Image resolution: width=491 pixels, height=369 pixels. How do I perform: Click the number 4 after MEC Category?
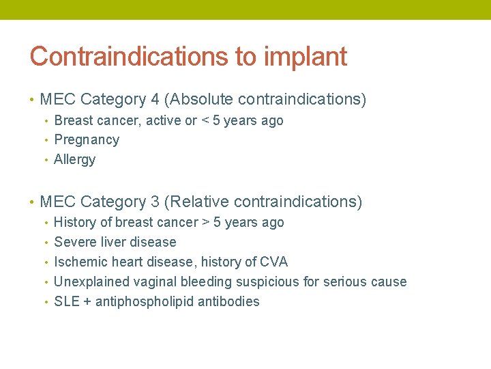155,100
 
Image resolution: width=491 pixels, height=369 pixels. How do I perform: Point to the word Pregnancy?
87,140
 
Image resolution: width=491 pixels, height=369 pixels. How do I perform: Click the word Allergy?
74,160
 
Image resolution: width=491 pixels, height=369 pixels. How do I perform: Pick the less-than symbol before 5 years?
205,121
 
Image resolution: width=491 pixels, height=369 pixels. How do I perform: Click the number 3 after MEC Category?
155,202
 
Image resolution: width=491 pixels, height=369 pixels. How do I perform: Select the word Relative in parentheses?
198,202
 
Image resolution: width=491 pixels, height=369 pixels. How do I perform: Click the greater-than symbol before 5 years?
205,223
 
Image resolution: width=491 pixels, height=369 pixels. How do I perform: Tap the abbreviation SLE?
66,302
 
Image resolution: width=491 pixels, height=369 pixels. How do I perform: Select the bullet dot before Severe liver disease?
46,243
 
